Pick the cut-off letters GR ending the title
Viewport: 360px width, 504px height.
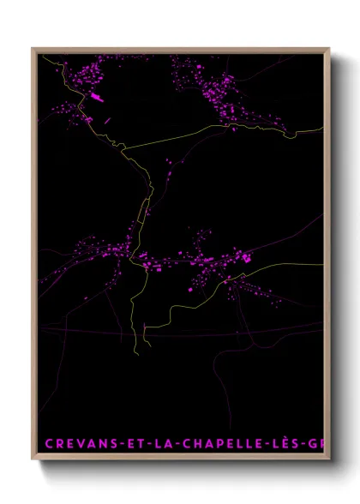pyautogui.click(x=318, y=443)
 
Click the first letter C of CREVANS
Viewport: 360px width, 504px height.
pyautogui.click(x=48, y=443)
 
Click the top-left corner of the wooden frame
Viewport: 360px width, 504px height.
pyautogui.click(x=33, y=48)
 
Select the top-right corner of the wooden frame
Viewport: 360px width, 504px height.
pyautogui.click(x=329, y=48)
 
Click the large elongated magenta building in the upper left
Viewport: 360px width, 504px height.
pyautogui.click(x=96, y=99)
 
